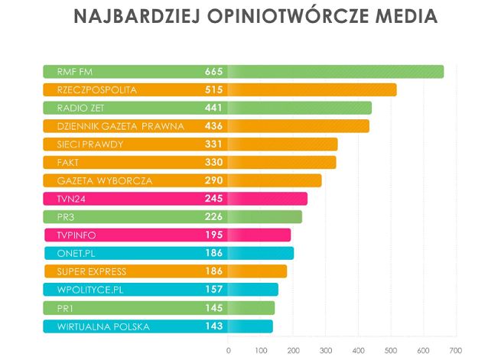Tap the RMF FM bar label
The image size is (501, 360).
coord(74,72)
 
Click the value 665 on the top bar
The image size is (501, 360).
coord(213,72)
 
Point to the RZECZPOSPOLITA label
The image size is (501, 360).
coord(96,90)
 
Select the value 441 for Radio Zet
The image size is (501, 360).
coord(213,108)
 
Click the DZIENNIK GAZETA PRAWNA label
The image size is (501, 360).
coord(120,126)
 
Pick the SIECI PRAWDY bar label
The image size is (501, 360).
coord(90,144)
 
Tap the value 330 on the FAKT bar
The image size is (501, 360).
coord(213,162)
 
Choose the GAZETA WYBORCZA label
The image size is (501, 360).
coord(105,180)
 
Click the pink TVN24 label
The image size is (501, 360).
coord(72,199)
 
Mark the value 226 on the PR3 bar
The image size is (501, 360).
coord(213,217)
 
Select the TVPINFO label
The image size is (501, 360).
coord(76,235)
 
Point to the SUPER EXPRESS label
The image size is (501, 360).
coord(92,271)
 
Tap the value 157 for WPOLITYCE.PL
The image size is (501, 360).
coord(213,290)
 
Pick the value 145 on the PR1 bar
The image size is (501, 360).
coord(213,308)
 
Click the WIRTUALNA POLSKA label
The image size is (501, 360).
coord(103,326)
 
